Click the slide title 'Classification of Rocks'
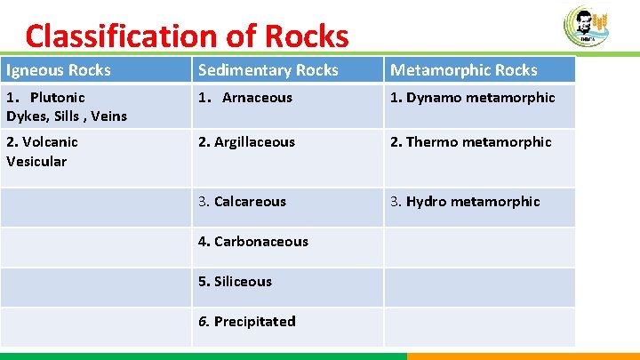187,36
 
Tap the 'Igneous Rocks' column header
59,70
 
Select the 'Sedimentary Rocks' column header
268,70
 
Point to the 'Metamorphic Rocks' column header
464,70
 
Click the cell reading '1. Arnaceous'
245,98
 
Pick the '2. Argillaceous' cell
246,142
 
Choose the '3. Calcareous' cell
242,202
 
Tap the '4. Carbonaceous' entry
252,242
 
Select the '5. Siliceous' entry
235,282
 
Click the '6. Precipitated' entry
246,322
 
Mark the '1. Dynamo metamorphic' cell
473,98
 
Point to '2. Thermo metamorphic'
471,142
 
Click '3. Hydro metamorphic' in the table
465,202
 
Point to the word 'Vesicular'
36,162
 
